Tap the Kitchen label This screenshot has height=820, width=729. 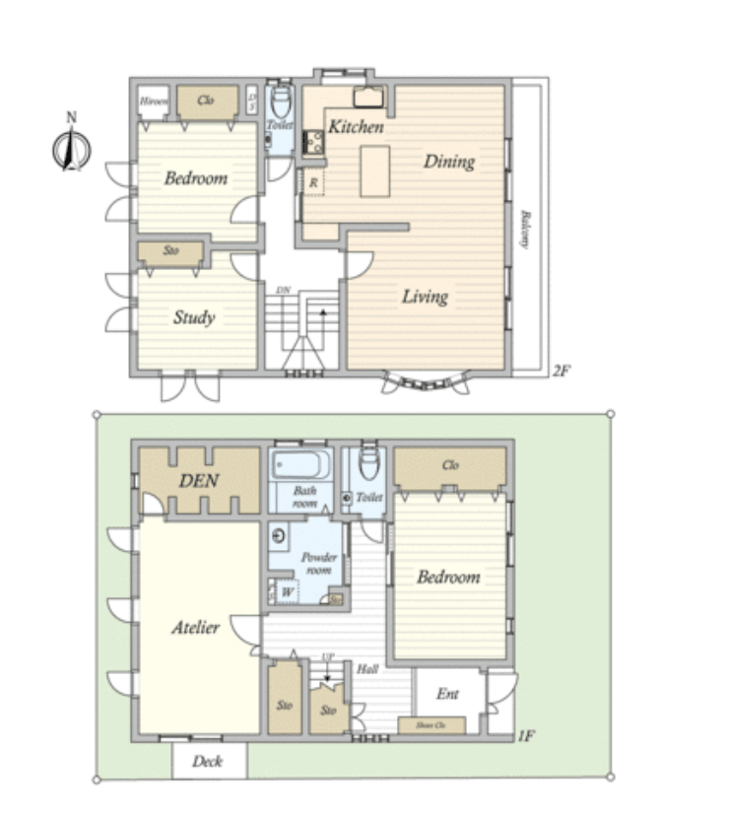tap(356, 127)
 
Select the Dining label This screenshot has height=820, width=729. tap(449, 162)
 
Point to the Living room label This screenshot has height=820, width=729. tap(425, 296)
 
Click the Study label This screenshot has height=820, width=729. tap(194, 317)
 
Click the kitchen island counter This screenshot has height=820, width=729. tap(374, 171)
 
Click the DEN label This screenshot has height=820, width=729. tap(198, 481)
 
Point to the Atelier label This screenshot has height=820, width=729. tap(195, 627)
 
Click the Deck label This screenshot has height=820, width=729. tap(208, 762)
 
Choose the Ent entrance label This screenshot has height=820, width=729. tap(447, 694)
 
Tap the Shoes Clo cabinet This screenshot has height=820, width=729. tap(431, 726)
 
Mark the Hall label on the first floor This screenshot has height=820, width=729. tap(367, 669)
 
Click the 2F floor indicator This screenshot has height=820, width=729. tap(561, 372)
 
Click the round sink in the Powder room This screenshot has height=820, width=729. tap(280, 537)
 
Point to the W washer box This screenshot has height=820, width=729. tap(287, 592)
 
